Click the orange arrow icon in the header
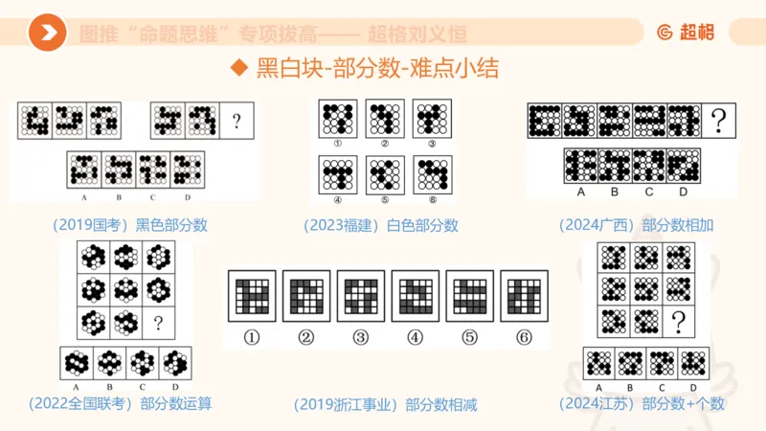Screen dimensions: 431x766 point(47,34)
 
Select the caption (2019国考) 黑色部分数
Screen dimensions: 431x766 point(130,226)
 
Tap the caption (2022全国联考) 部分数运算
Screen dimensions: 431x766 point(121,403)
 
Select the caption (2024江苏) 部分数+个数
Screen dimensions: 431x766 point(650,403)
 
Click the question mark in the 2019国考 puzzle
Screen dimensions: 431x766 point(236,122)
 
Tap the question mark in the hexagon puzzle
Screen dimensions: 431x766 point(157,323)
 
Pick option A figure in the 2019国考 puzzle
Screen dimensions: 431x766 point(84,170)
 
